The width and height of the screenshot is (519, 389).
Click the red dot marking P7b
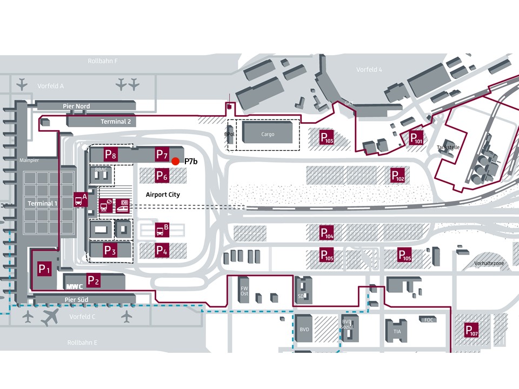point(175,161)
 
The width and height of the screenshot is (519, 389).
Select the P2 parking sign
point(94,280)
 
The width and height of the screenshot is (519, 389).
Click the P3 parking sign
point(110,250)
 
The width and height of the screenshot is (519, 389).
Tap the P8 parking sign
point(110,154)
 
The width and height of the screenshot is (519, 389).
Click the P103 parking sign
point(327,137)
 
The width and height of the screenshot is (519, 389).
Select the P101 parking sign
point(416,137)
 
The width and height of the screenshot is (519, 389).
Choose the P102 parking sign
point(398,175)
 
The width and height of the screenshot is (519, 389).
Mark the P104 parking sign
point(327,232)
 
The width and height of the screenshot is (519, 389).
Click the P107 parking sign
point(471,330)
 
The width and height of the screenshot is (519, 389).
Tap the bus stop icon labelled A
point(80,199)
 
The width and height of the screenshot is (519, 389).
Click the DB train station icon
point(124,205)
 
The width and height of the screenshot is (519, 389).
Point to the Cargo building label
point(268,134)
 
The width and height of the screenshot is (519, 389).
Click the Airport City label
point(163,194)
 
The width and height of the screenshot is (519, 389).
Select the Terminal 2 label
point(116,122)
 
